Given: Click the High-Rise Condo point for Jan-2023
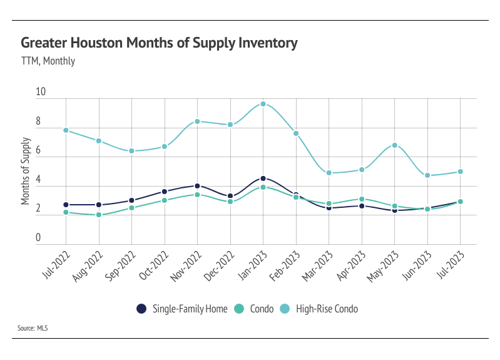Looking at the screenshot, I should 263,104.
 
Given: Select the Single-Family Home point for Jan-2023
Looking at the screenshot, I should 263,178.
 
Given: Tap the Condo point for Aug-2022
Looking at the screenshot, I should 99,215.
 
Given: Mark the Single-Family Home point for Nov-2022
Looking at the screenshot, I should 197,186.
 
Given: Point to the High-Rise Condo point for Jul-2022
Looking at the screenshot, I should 66,130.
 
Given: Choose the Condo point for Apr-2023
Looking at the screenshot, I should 362,199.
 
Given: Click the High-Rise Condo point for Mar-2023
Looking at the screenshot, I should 329,173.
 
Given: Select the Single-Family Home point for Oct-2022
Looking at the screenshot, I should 165,192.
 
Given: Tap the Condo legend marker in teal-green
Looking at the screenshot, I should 238,308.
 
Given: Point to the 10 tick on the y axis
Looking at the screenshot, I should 41,92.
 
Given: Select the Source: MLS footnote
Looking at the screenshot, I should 35,327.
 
